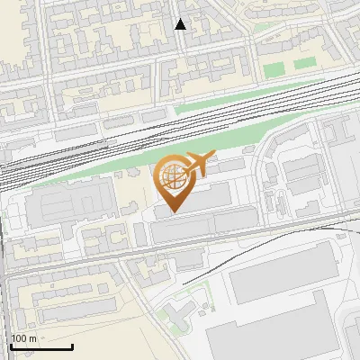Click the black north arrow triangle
coord(180,24)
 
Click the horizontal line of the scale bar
coord(40,346)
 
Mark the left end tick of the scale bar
coord(10,345)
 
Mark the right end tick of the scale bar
coord(72,345)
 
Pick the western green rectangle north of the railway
coord(274,67)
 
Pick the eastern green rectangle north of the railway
coord(305,63)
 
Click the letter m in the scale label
coord(33,338)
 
